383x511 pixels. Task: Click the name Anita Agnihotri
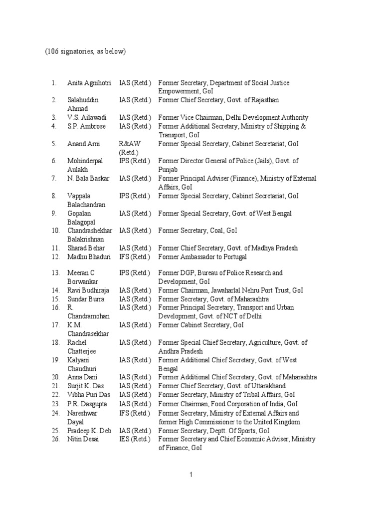tap(90, 83)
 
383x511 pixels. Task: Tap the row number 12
tap(54, 257)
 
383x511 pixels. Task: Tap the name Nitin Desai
tap(83, 439)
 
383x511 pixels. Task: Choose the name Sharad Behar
tap(86, 248)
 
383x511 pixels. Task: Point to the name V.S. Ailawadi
tap(86, 117)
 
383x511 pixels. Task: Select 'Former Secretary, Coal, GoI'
tap(197, 231)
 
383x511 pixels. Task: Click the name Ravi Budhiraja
tap(88, 290)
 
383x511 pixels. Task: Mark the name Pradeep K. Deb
tap(89, 431)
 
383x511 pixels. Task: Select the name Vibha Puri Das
tap(88, 395)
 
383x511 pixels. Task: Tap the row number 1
tap(54, 83)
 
